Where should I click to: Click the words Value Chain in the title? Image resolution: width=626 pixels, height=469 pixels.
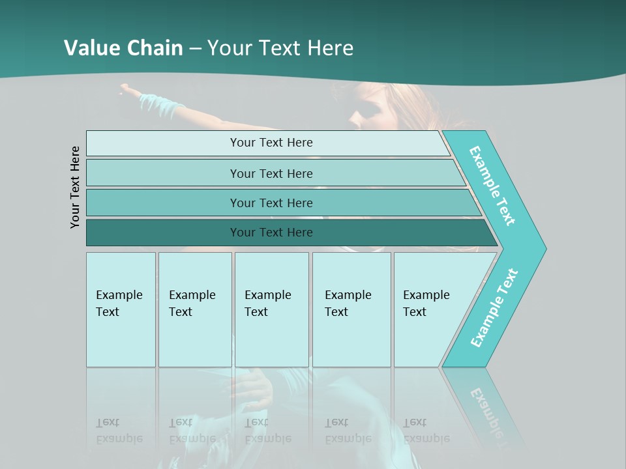coord(123,48)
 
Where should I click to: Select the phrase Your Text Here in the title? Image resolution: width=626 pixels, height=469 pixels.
coord(280,48)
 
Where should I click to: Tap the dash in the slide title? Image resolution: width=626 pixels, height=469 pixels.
coord(195,48)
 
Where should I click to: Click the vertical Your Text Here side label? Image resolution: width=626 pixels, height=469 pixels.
coord(75,187)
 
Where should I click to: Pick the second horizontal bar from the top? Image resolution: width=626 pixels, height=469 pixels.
coord(271,173)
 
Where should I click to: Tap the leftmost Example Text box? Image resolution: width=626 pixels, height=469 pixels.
coord(121,309)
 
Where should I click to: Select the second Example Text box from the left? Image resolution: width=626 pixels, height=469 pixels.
coord(195,309)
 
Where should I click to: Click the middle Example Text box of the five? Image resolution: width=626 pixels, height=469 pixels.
coord(271,309)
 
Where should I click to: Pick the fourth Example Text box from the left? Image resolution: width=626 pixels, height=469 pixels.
coord(351,309)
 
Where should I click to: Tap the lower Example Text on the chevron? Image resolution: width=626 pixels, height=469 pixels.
coord(494,307)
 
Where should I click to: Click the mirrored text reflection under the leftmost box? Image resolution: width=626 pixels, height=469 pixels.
coord(119,431)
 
